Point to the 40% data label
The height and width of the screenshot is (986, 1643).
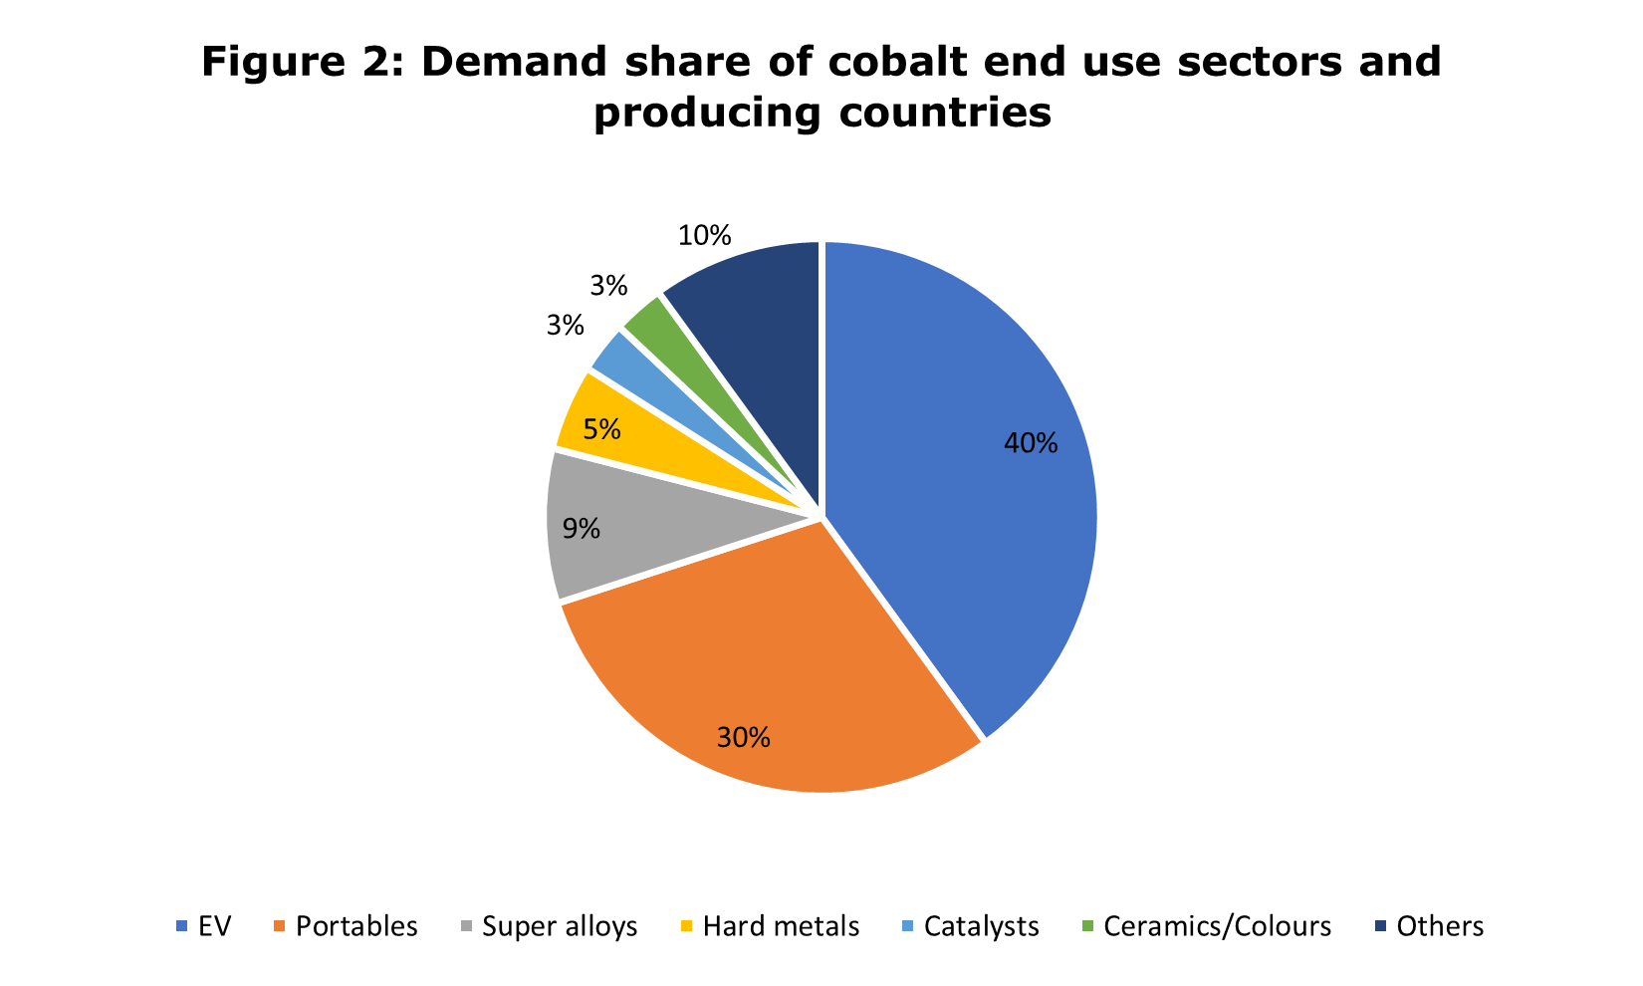[1031, 444]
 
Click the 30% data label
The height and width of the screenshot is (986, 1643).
[743, 738]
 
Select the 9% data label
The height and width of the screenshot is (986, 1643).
[582, 529]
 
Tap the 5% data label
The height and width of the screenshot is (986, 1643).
[602, 430]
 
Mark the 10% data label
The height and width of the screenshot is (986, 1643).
[704, 236]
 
